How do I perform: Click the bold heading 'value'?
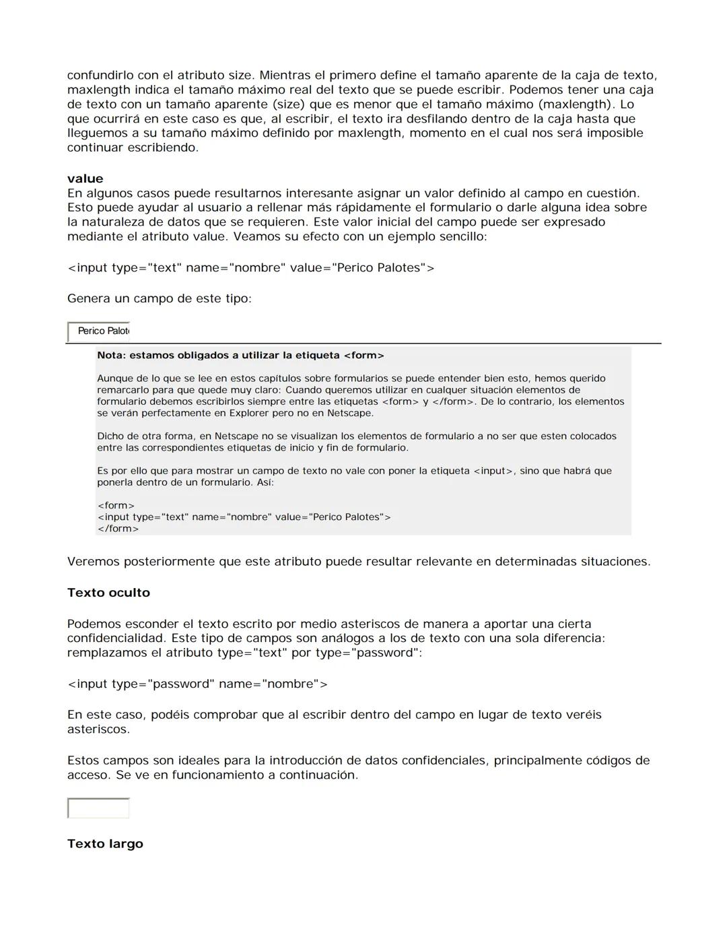[x=85, y=179]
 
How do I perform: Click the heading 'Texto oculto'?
[x=108, y=593]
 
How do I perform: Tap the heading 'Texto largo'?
[x=105, y=844]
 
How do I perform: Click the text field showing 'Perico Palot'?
[x=98, y=331]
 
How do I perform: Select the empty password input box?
[x=98, y=808]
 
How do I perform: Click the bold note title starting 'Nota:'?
[x=240, y=355]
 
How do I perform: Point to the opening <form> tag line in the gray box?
[x=116, y=505]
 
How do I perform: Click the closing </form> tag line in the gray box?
[x=118, y=529]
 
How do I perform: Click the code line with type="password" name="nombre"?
[x=197, y=684]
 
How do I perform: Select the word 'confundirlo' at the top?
[x=104, y=75]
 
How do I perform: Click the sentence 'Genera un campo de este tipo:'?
[x=159, y=298]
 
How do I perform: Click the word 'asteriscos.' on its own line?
[x=98, y=729]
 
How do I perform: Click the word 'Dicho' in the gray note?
[x=110, y=436]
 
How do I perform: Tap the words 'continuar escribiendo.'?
[x=133, y=148]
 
